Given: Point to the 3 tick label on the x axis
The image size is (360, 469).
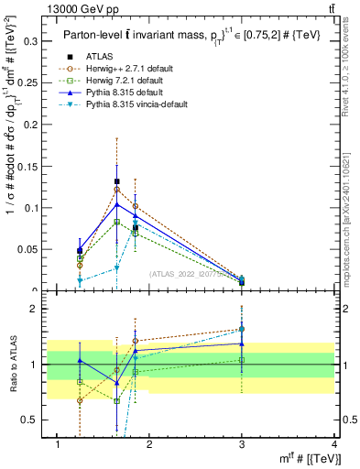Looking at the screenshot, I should pos(242,444).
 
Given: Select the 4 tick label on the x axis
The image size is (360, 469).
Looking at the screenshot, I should pos(334,444).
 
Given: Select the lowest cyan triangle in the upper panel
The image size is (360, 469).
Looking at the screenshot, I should pos(80,281).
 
